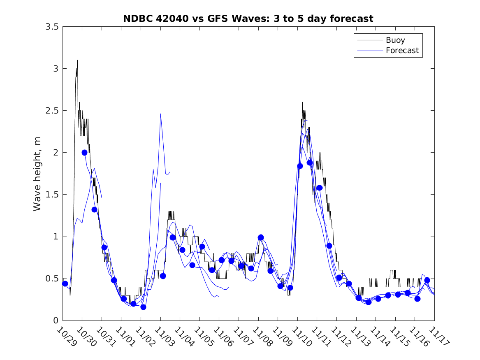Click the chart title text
click(x=248, y=19)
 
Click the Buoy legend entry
click(x=395, y=40)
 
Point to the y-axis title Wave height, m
click(x=37, y=174)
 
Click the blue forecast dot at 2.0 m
click(x=84, y=152)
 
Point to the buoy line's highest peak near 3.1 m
click(x=77, y=61)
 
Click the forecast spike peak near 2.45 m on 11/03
click(x=160, y=114)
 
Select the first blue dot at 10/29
click(x=65, y=283)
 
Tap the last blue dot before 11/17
click(x=427, y=280)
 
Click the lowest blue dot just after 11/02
click(x=143, y=307)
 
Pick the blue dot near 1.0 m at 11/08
click(x=260, y=237)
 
